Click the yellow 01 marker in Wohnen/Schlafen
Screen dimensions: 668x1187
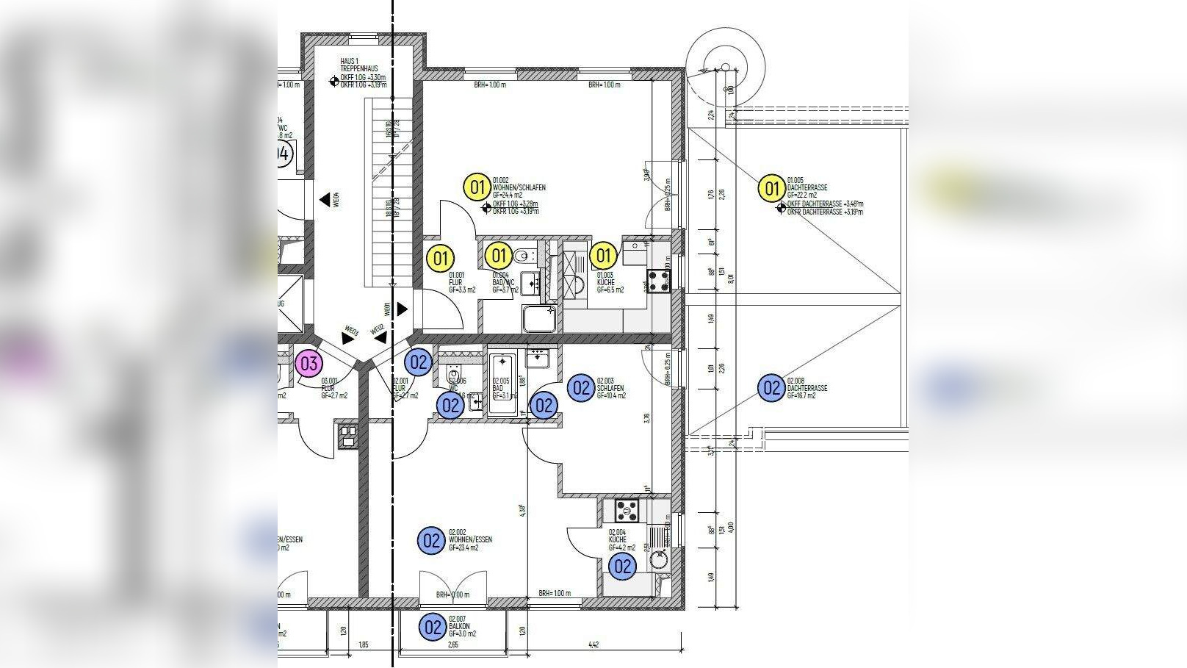[x=477, y=187]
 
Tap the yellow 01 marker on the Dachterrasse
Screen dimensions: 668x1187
[x=771, y=189]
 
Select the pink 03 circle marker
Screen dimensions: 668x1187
[x=309, y=363]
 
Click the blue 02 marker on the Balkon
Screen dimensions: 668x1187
[x=433, y=628]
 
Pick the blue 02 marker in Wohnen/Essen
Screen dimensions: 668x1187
[x=431, y=541]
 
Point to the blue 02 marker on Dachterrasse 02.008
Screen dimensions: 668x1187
[x=771, y=387]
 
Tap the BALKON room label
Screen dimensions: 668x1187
[x=459, y=626]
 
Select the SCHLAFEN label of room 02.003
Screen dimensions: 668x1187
[x=610, y=388]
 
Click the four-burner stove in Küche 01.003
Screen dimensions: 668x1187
[x=658, y=279]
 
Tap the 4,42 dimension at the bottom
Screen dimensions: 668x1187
[x=593, y=645]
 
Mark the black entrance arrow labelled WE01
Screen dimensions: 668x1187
[x=402, y=309]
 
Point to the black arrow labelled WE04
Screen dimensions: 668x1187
[x=324, y=199]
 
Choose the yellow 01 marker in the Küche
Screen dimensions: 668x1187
[x=603, y=256]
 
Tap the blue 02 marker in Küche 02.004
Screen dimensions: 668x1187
[x=623, y=566]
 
